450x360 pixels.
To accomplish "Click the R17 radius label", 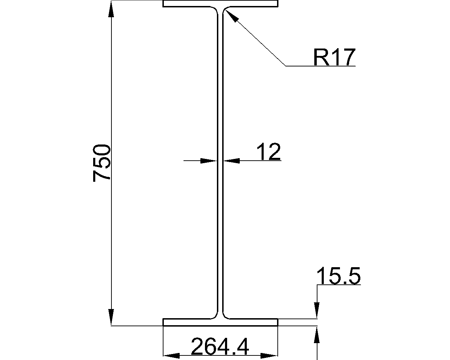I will [x=334, y=57].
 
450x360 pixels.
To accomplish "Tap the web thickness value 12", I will [x=269, y=152].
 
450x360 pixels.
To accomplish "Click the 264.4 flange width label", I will [x=220, y=347].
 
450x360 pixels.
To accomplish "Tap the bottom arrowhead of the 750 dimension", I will [x=111, y=317].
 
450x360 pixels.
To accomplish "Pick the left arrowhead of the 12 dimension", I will [x=208, y=161].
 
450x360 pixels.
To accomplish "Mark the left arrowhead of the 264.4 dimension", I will [x=172, y=355].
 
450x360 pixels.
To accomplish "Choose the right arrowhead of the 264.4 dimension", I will [x=269, y=355].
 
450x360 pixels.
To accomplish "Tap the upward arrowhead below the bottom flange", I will [x=317, y=334].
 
